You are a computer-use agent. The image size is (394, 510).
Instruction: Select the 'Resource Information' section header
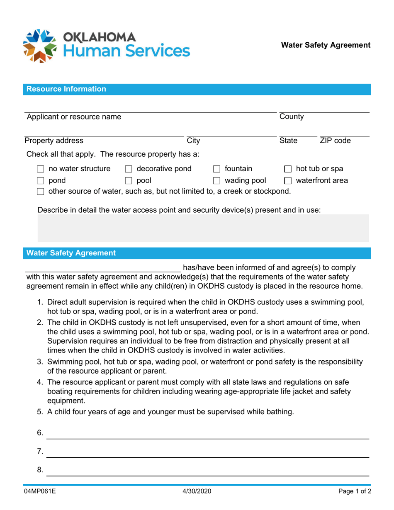click(66, 89)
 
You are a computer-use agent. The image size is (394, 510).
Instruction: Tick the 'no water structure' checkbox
click(41, 169)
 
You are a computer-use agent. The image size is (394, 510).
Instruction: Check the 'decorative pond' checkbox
click(129, 169)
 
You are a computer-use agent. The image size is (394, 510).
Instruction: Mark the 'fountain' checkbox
click(216, 169)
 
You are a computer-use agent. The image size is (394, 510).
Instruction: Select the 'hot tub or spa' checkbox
click(288, 169)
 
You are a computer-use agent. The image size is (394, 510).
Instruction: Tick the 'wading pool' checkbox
click(216, 181)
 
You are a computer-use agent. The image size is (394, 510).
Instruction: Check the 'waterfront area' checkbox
click(288, 181)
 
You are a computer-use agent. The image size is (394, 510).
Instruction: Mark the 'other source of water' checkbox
click(41, 192)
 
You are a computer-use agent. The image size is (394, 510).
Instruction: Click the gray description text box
click(203, 228)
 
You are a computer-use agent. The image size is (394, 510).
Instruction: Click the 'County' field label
click(292, 117)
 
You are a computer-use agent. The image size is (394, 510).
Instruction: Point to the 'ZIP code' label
click(335, 141)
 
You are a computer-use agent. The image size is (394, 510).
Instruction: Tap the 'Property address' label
click(54, 141)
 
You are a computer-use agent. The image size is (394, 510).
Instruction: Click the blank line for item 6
click(207, 434)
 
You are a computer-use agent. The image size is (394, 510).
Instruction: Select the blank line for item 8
click(207, 471)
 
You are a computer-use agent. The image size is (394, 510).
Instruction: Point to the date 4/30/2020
click(197, 492)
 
